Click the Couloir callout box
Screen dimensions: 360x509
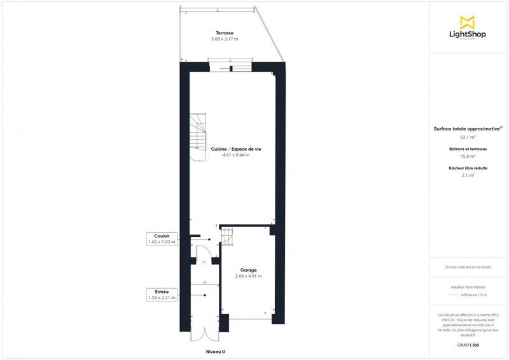pyautogui.click(x=161, y=239)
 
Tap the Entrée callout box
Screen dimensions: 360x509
pyautogui.click(x=161, y=294)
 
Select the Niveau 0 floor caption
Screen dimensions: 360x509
pyautogui.click(x=216, y=352)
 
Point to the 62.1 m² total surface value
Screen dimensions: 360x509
pyautogui.click(x=468, y=137)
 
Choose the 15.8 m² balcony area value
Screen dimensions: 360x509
pyautogui.click(x=468, y=156)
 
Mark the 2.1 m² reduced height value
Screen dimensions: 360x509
pyautogui.click(x=468, y=176)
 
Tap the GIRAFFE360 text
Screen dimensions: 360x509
pyautogui.click(x=468, y=344)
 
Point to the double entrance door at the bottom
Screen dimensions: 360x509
pyautogui.click(x=204, y=336)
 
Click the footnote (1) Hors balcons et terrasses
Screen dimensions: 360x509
pyautogui.click(x=468, y=267)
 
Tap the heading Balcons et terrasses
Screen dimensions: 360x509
pyautogui.click(x=468, y=149)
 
